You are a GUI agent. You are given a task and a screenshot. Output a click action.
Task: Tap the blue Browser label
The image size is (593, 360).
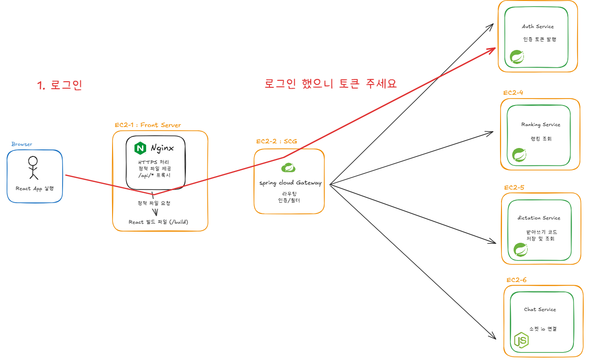click(x=22, y=144)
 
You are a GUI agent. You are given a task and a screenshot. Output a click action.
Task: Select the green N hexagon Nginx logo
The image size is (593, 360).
click(x=140, y=148)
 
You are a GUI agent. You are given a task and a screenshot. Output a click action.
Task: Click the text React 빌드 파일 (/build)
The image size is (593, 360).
click(x=158, y=222)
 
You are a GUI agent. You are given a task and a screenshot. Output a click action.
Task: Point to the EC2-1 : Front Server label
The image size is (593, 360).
click(x=148, y=125)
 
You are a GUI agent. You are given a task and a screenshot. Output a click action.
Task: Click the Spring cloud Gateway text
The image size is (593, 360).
click(x=290, y=183)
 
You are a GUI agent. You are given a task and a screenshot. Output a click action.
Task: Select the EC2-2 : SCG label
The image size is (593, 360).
click(x=276, y=141)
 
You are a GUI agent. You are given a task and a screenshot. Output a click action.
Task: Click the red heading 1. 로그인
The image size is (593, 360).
click(x=59, y=85)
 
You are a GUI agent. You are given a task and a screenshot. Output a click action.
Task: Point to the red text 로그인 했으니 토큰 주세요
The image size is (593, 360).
click(x=331, y=84)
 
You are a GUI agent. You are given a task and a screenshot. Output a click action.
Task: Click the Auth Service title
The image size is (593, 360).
click(x=538, y=27)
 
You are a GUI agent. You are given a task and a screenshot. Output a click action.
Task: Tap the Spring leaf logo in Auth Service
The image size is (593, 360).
click(x=517, y=56)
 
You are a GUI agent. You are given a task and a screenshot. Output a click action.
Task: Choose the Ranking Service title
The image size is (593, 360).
click(x=541, y=125)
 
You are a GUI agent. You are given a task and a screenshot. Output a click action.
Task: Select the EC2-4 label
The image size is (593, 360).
click(x=513, y=92)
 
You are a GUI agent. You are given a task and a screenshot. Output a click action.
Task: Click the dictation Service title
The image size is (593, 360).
click(x=539, y=218)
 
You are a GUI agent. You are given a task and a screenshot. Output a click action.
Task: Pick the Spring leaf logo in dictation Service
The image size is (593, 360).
click(x=521, y=250)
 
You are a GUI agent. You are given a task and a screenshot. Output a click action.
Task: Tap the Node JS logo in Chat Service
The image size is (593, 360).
click(x=521, y=340)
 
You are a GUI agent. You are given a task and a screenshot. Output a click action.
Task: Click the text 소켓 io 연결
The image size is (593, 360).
click(x=543, y=329)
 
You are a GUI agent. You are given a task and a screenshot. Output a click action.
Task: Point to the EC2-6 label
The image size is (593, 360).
click(x=516, y=280)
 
